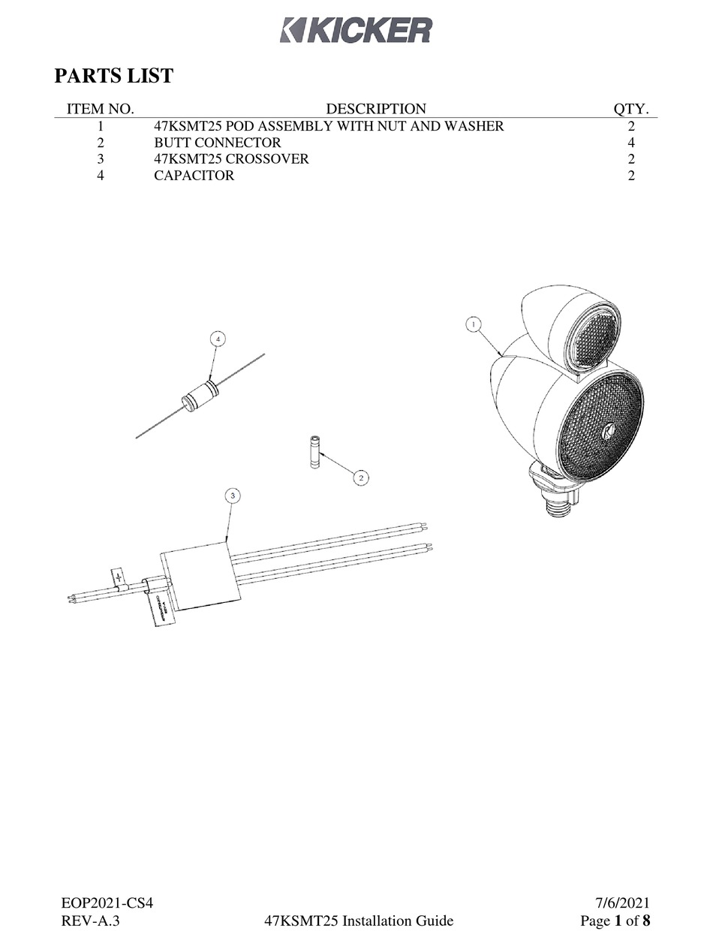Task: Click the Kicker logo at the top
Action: pos(356,30)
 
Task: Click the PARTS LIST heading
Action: pos(114,76)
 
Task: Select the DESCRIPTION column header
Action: pos(375,109)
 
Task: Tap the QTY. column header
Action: pos(631,109)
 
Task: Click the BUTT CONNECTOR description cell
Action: pos(217,143)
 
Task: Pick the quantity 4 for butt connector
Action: pos(631,143)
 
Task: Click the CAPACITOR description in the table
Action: pos(194,176)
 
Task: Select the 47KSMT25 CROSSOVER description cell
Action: pos(230,159)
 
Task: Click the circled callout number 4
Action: pos(218,339)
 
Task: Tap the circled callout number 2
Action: pos(361,478)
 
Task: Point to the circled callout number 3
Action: pos(233,496)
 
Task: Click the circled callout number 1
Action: pos(473,324)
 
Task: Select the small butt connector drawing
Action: pos(314,453)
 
